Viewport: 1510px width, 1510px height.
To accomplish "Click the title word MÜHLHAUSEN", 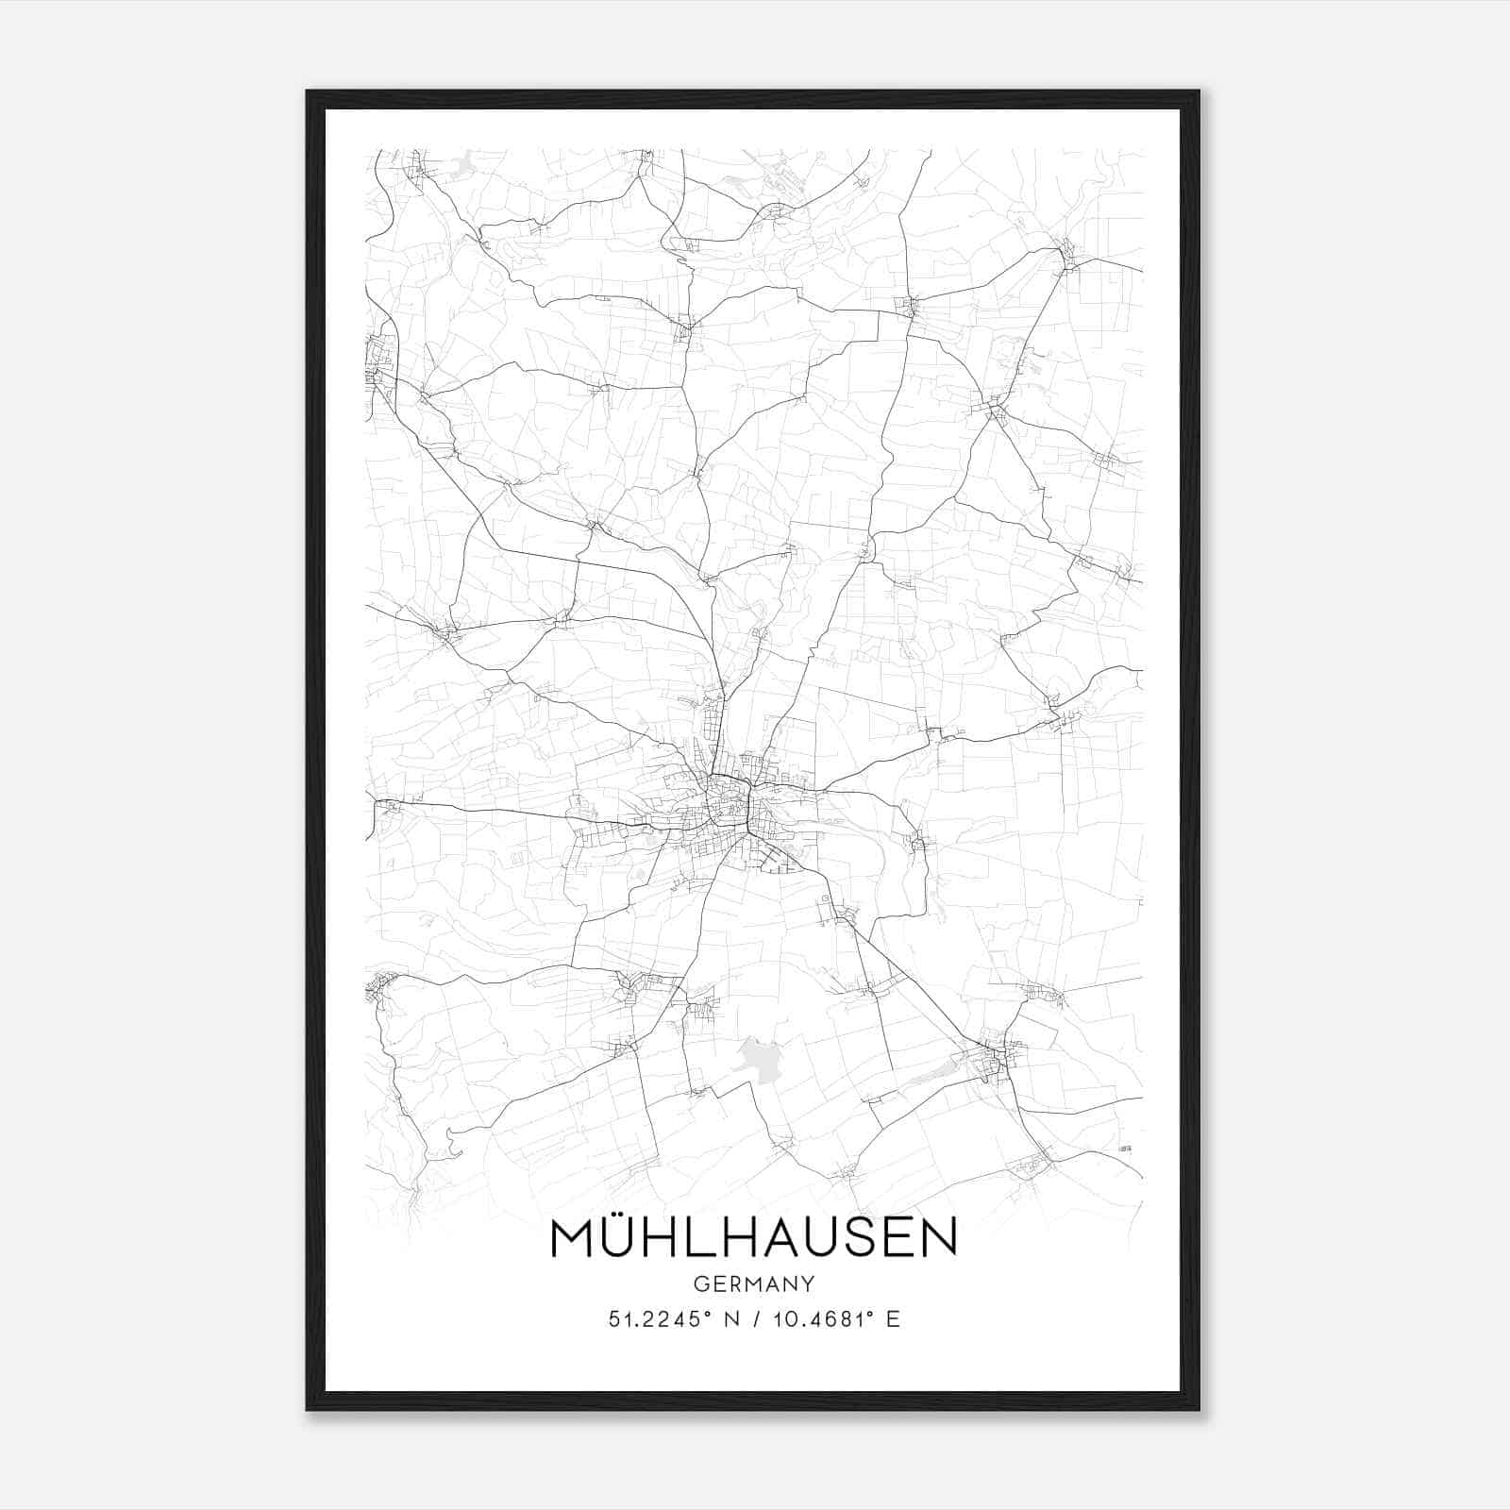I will click(x=753, y=1237).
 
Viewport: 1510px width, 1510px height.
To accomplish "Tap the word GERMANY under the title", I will click(x=753, y=1284).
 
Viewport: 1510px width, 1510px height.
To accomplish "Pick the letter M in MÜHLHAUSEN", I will click(x=573, y=1237).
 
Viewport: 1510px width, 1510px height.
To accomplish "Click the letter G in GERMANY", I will click(x=700, y=1284).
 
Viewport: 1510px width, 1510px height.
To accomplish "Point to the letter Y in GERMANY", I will click(x=808, y=1284).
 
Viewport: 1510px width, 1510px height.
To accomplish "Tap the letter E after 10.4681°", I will click(x=893, y=1318).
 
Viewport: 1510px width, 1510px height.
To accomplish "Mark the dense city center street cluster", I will click(x=731, y=807).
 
